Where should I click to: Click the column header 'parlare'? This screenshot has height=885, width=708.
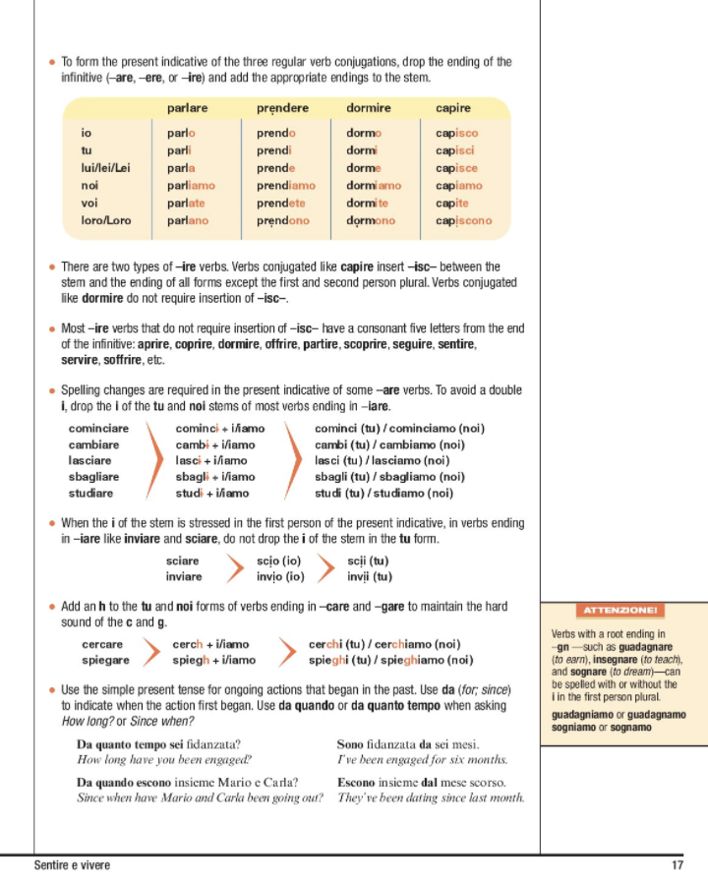pyautogui.click(x=187, y=108)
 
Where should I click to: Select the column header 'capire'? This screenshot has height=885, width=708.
pyautogui.click(x=452, y=108)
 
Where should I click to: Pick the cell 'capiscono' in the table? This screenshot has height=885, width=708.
pyautogui.click(x=463, y=221)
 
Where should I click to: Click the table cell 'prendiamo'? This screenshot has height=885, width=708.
pyautogui.click(x=286, y=186)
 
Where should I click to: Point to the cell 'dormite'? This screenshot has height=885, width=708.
pyautogui.click(x=368, y=204)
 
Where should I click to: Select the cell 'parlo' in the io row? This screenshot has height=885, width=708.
pyautogui.click(x=181, y=133)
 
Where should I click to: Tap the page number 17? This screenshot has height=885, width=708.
pyautogui.click(x=678, y=865)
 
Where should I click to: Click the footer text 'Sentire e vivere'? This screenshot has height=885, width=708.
pyautogui.click(x=72, y=865)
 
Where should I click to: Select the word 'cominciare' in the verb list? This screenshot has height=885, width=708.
pyautogui.click(x=98, y=429)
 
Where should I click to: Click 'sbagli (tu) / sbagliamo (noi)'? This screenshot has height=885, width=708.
pyautogui.click(x=383, y=477)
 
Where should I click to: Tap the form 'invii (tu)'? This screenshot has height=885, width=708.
pyautogui.click(x=369, y=576)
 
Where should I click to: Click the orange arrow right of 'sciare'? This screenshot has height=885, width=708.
pyautogui.click(x=234, y=568)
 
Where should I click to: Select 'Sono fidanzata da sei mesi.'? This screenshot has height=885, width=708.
pyautogui.click(x=407, y=744)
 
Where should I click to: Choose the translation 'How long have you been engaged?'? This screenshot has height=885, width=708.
pyautogui.click(x=164, y=759)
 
